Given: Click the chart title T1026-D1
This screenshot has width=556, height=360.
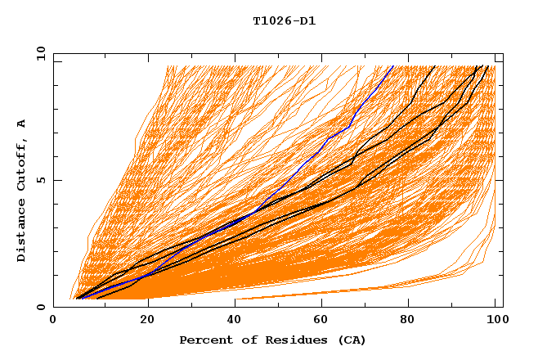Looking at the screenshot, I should click(x=284, y=21).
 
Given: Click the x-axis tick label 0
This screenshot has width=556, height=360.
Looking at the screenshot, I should click(x=53, y=322).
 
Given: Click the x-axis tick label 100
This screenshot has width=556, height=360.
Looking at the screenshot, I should click(x=495, y=322).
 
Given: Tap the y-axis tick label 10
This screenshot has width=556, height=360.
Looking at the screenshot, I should click(x=39, y=54).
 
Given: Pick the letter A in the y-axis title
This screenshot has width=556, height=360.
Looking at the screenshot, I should click(x=22, y=124).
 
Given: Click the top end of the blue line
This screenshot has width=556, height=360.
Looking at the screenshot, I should click(x=392, y=66).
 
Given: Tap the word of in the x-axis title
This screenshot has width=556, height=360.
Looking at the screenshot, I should click(x=243, y=340).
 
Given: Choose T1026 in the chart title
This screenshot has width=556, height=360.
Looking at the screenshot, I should click(x=271, y=21).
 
